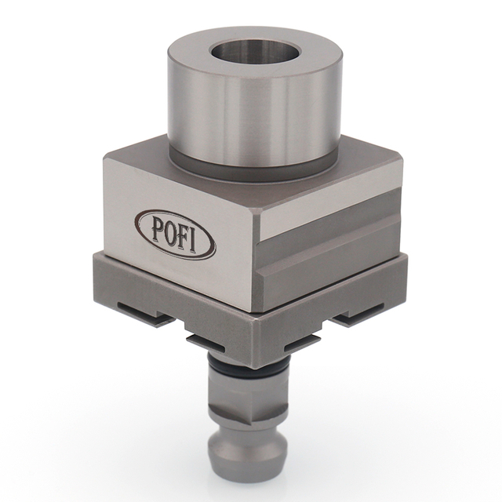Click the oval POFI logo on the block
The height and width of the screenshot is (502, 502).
[175, 233]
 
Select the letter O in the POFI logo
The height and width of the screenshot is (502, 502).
[168, 231]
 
